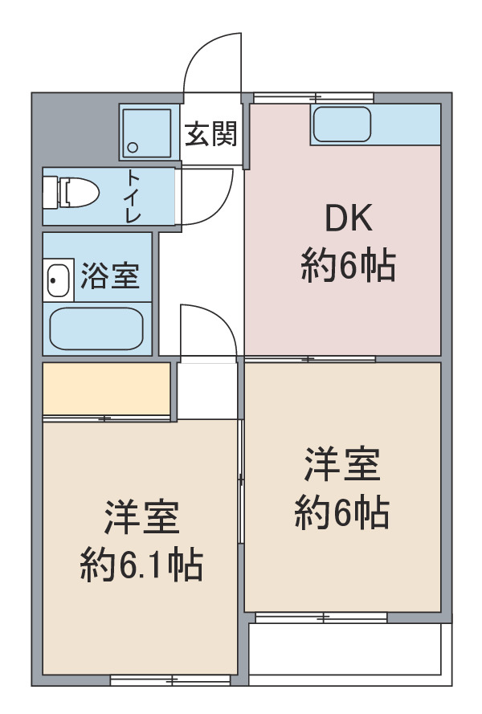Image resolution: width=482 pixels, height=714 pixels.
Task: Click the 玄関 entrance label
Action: coord(211,134)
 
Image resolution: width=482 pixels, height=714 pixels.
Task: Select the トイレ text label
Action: coord(133,196)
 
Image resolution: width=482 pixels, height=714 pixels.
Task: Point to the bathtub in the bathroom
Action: coord(96,328)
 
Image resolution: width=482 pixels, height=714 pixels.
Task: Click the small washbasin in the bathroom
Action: coord(59,280)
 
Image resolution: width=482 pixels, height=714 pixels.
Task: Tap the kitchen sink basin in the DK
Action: coord(341,124)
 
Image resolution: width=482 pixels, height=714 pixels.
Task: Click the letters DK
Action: coord(349,218)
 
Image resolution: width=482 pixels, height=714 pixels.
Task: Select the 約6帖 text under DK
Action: coord(348,265)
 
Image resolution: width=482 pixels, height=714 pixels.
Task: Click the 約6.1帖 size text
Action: coord(141,565)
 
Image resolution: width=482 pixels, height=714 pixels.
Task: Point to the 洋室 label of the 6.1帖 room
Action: coord(142,517)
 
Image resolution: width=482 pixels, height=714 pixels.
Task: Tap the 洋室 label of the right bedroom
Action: coord(342,464)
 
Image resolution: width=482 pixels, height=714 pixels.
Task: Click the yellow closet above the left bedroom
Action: coord(107,389)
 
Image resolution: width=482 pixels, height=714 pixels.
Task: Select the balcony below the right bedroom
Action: coord(345,649)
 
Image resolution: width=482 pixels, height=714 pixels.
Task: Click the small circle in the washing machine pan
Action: coord(133,148)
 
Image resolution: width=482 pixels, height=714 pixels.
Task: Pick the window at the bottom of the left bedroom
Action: coord(170,681)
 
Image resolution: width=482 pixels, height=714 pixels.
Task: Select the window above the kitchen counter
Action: coord(313,97)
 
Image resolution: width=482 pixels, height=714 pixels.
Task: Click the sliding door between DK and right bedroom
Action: coord(310,359)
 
